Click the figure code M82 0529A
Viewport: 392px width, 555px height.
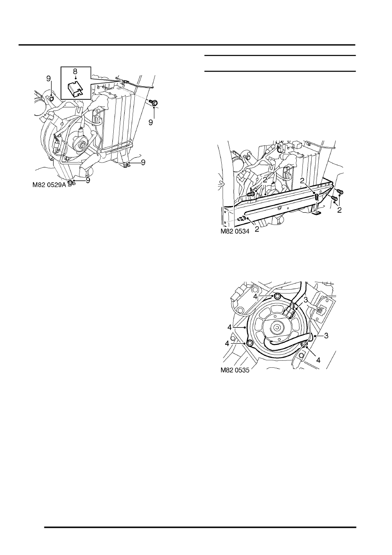coord(50,185)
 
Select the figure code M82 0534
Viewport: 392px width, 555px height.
coord(235,231)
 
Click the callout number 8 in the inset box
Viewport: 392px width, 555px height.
coord(75,71)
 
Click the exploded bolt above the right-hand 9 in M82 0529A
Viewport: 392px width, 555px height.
coord(154,102)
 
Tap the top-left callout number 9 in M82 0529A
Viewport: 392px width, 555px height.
coord(48,79)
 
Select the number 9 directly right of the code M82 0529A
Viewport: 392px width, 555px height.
coord(88,181)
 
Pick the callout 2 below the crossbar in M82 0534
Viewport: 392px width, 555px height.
coord(257,229)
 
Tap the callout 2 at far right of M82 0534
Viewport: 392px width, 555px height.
coord(339,210)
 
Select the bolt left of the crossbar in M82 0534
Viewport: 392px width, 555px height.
coord(250,194)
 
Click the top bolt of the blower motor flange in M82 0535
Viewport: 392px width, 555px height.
coord(277,296)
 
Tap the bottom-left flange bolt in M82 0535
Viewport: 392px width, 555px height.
coord(250,343)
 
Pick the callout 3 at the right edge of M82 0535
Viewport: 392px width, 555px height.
coord(326,336)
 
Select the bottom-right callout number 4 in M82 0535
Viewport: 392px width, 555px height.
coord(319,360)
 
